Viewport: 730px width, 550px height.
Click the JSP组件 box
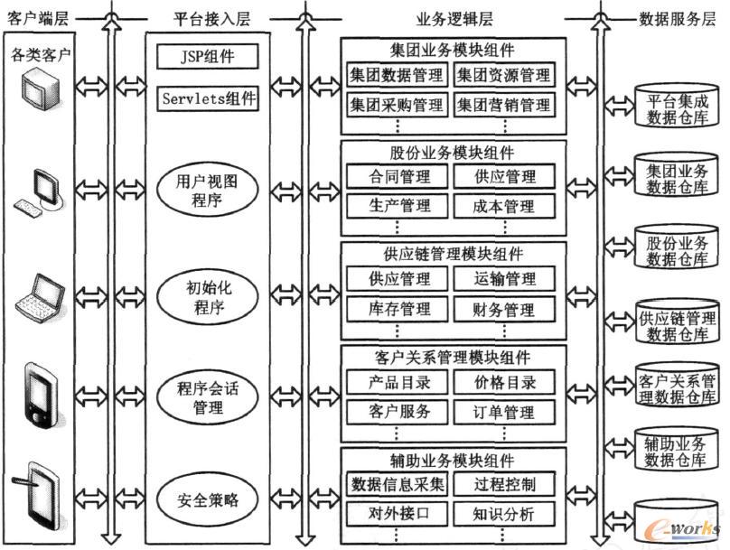(x=208, y=57)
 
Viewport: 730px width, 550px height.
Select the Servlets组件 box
(x=208, y=97)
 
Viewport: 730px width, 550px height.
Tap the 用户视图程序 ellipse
(x=208, y=191)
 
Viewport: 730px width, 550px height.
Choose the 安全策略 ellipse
(x=208, y=499)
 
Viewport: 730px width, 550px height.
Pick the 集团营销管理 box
(x=503, y=105)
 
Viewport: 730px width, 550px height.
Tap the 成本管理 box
(x=503, y=206)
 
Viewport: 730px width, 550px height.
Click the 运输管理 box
(x=503, y=279)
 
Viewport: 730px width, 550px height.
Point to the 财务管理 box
(x=503, y=309)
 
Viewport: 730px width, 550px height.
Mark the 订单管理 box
(x=503, y=413)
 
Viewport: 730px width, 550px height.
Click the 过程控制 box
(x=503, y=485)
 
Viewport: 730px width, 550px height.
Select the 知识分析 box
(x=503, y=515)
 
